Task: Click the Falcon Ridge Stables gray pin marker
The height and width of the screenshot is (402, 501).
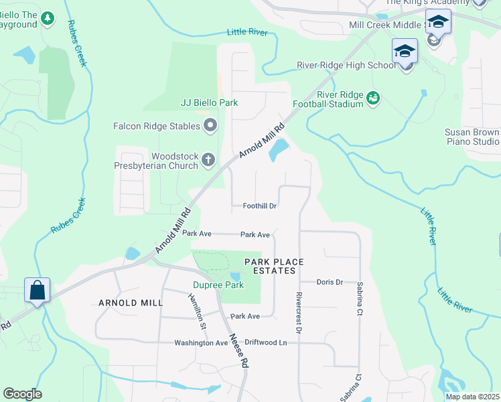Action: [x=210, y=126]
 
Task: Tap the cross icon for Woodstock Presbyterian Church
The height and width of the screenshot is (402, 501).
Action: [x=208, y=160]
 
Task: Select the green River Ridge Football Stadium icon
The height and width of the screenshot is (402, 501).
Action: [x=373, y=98]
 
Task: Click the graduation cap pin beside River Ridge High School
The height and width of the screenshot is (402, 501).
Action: [x=405, y=52]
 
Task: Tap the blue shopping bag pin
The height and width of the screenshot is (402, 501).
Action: [x=38, y=291]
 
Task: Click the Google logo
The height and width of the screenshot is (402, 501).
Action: [x=22, y=394]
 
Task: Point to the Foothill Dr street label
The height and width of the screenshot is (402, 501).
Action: [x=260, y=206]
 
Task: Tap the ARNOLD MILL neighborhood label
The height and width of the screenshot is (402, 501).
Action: [x=130, y=303]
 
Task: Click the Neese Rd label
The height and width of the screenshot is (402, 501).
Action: [x=239, y=350]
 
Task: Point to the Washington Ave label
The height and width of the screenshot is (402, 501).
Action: [x=201, y=342]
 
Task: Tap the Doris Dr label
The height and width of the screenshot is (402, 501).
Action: [x=330, y=282]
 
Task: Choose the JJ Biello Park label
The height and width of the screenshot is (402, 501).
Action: [x=210, y=103]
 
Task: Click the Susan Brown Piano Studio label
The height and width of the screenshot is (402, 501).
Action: [x=472, y=137]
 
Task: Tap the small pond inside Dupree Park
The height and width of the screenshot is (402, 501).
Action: [x=234, y=277]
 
